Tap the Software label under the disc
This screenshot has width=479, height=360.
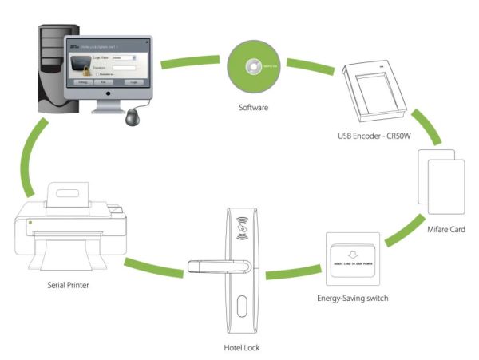[253, 107]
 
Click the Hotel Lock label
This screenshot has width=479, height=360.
[242, 347]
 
